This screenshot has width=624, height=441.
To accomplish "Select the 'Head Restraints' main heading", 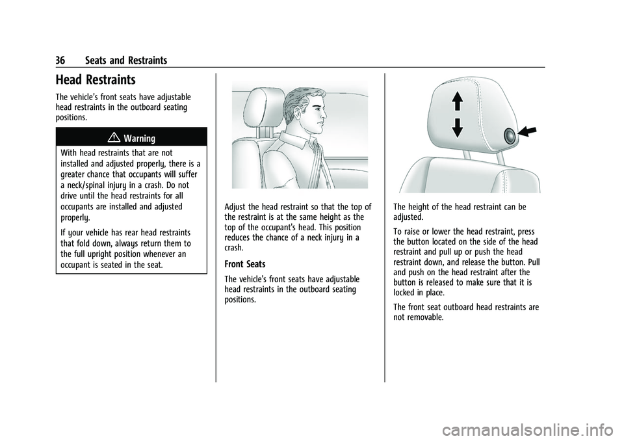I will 96,80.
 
